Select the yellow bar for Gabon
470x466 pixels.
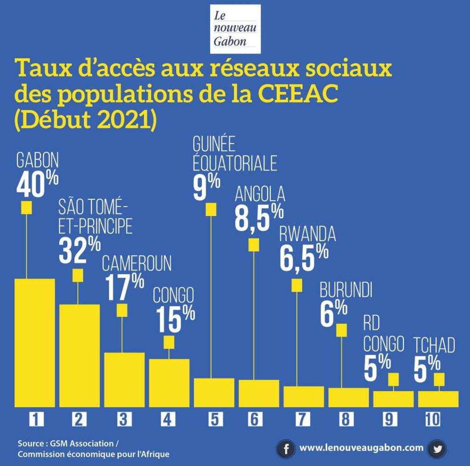pos(35,342)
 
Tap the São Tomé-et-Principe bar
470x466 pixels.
pos(79,355)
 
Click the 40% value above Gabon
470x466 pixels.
pos(37,184)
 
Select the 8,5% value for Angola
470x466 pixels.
pos(259,218)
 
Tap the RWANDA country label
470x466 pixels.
pos(308,235)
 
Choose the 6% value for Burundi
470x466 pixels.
pos(334,313)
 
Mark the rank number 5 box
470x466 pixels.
pos(214,419)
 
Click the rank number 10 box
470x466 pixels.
pos(432,419)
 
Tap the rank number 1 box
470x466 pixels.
pos(35,419)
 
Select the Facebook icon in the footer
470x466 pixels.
pos(286,449)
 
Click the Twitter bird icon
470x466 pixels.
pos(437,449)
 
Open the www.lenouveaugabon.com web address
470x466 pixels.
pos(361,447)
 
